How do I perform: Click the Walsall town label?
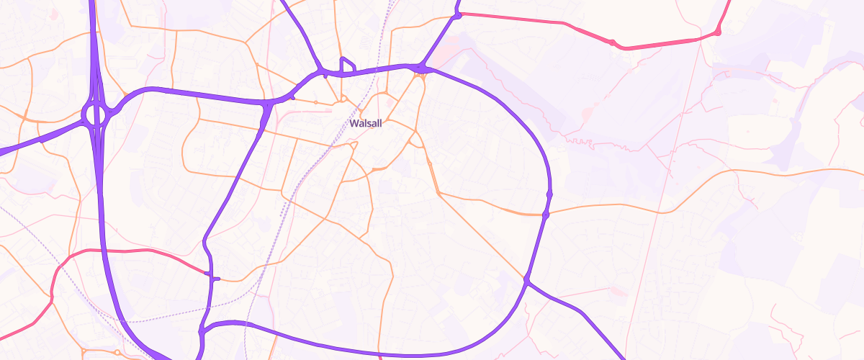[365, 123]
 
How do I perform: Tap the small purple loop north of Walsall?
[347, 65]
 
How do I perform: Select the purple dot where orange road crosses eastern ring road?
[546, 215]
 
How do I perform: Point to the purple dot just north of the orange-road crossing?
[549, 194]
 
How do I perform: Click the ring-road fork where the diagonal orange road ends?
[527, 279]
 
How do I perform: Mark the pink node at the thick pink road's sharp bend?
[718, 32]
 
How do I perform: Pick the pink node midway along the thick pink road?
[612, 43]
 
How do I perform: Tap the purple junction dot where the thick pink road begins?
[458, 14]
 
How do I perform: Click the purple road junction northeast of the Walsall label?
[421, 68]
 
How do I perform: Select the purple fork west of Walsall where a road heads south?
[268, 105]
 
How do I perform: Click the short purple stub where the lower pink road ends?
[214, 278]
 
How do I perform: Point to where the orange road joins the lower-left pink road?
[52, 297]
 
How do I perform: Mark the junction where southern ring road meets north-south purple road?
[202, 330]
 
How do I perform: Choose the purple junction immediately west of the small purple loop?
[323, 72]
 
